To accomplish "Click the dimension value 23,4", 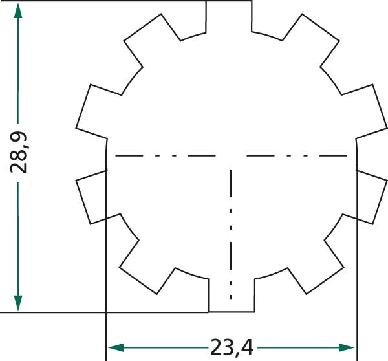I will (x=231, y=347).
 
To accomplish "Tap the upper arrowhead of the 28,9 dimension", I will (x=18, y=10).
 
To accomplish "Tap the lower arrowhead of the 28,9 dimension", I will (x=18, y=302).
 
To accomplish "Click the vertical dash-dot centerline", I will (x=231, y=213).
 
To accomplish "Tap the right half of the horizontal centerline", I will (x=297, y=155).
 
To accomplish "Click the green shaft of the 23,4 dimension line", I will (x=162, y=347).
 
